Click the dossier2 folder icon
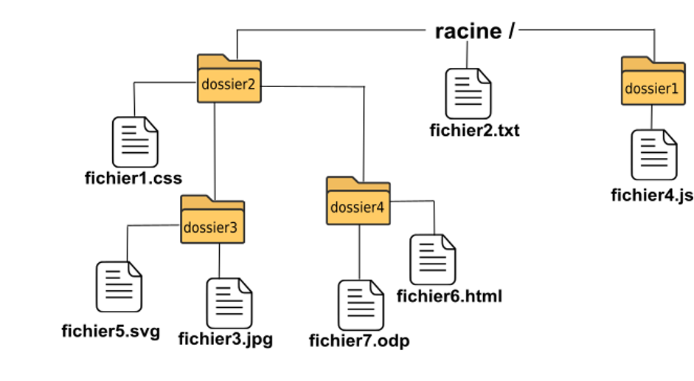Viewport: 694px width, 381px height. click(229, 78)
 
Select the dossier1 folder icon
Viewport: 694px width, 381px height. click(653, 80)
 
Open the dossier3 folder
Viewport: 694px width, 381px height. click(212, 219)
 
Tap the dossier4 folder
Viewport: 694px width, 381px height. click(358, 201)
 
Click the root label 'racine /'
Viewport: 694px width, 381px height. click(475, 31)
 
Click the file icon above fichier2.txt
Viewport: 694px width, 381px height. click(468, 94)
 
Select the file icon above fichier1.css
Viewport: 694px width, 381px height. click(135, 142)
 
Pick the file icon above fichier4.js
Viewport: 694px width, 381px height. click(654, 154)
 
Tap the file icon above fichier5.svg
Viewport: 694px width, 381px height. click(119, 286)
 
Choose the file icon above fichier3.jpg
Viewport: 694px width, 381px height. click(229, 303)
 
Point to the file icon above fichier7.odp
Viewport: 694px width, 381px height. click(361, 305)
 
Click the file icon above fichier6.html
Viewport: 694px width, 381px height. click(433, 260)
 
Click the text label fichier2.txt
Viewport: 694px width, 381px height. click(474, 130)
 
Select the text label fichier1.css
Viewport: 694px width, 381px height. click(133, 178)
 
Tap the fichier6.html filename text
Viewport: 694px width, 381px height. click(449, 296)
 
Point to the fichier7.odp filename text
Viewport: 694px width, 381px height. click(359, 340)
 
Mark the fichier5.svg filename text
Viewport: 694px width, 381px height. click(111, 332)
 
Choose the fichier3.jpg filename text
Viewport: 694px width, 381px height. click(226, 340)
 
